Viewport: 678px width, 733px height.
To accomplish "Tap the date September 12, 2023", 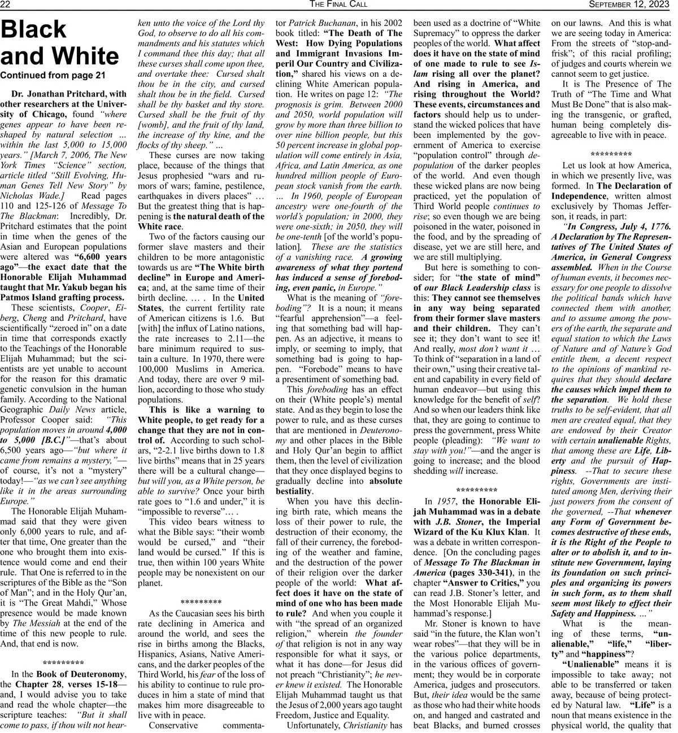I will point(631,5).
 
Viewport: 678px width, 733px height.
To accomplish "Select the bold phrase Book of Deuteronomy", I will point(81,674).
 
